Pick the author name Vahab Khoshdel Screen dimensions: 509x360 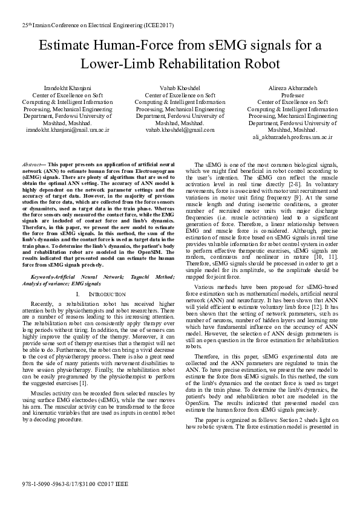tap(180, 88)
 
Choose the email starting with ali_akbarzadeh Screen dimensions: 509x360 tap(292, 137)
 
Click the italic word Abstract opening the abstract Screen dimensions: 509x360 tap(30, 164)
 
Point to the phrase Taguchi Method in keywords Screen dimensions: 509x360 tap(142, 276)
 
